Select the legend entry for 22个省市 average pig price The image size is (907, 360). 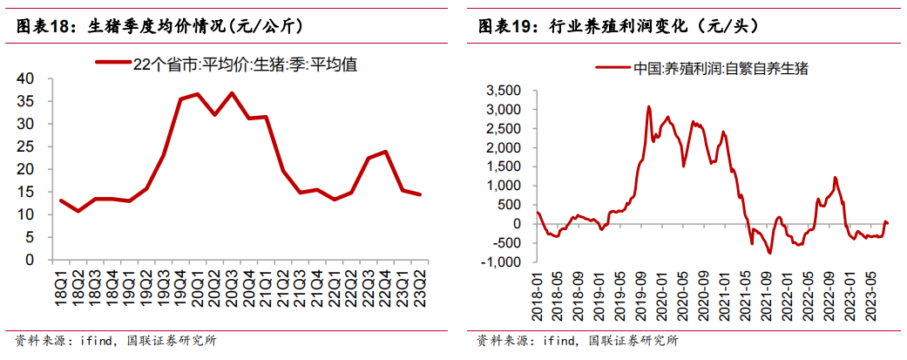(226, 65)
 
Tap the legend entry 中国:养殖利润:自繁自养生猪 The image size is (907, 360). (701, 69)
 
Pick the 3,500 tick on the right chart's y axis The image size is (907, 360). (504, 91)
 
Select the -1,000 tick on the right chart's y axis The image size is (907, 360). (502, 262)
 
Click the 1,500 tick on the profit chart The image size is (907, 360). (504, 166)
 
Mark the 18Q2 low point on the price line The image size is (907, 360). (78, 211)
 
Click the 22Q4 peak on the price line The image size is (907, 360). (384, 152)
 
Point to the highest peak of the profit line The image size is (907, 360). (648, 106)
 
